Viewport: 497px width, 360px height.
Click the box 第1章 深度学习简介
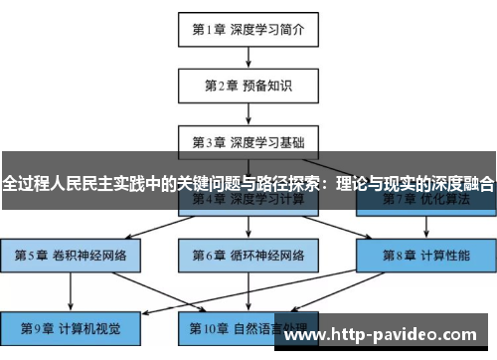[248, 29]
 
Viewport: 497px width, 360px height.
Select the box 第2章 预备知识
[248, 86]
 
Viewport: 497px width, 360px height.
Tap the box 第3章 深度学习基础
[248, 142]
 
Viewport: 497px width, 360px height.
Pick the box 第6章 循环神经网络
[248, 255]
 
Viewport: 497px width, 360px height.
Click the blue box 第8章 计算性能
[426, 255]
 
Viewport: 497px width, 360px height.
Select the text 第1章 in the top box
[209, 29]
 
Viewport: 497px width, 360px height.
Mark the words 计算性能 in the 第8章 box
[444, 255]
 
